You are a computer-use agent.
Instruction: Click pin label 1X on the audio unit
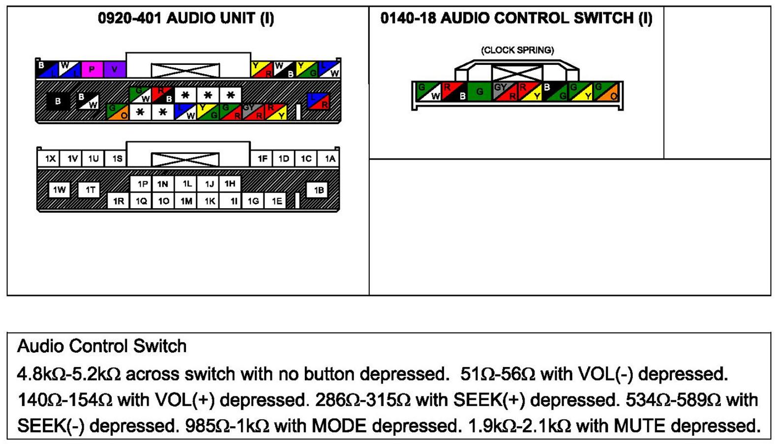pyautogui.click(x=50, y=159)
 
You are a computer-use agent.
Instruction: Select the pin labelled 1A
pyautogui.click(x=329, y=159)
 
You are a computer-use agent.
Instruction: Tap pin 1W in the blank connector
pyautogui.click(x=59, y=190)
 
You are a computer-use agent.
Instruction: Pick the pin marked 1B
pyautogui.click(x=318, y=190)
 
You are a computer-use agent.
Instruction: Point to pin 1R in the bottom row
pyautogui.click(x=118, y=201)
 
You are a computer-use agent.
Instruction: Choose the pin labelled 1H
pyautogui.click(x=230, y=184)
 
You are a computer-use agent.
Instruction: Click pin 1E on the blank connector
pyautogui.click(x=277, y=201)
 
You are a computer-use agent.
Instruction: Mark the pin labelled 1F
pyautogui.click(x=263, y=159)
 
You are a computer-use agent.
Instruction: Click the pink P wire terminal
pyautogui.click(x=91, y=69)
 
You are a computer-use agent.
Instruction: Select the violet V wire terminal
pyautogui.click(x=115, y=69)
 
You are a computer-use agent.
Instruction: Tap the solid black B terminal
pyautogui.click(x=58, y=101)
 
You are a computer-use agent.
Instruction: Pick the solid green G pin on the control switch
pyautogui.click(x=479, y=91)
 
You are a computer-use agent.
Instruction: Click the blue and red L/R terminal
pyautogui.click(x=318, y=101)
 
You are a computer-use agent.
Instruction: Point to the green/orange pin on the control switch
pyautogui.click(x=606, y=91)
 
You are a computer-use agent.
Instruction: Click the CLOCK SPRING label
pyautogui.click(x=517, y=50)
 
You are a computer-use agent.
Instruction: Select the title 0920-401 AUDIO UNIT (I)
pyautogui.click(x=186, y=18)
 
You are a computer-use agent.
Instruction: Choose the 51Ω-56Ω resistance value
pyautogui.click(x=497, y=374)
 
